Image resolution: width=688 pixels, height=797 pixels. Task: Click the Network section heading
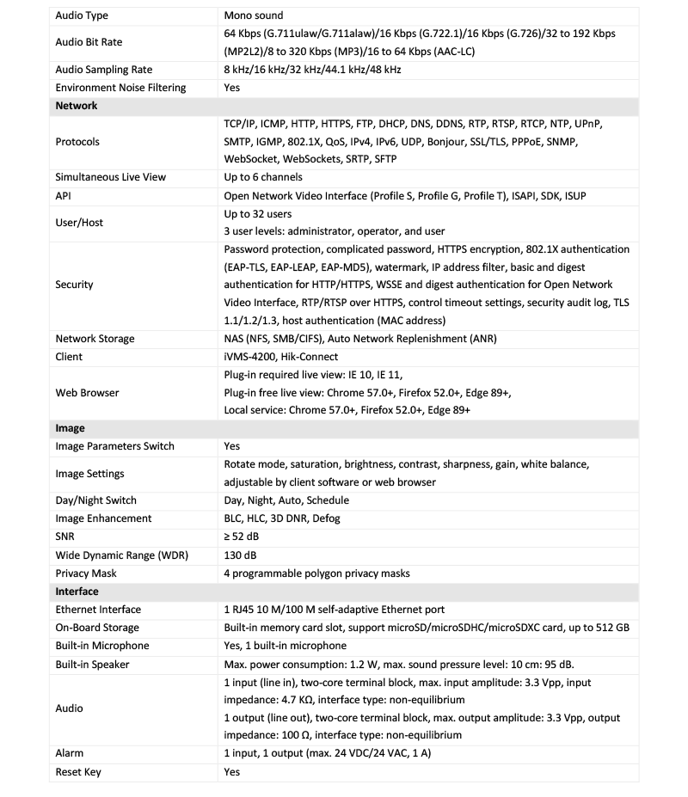pyautogui.click(x=77, y=106)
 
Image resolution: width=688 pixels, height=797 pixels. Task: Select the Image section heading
pyautogui.click(x=70, y=427)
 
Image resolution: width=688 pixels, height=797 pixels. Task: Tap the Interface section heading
pyautogui.click(x=77, y=592)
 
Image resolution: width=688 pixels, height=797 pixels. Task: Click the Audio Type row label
pyautogui.click(x=82, y=15)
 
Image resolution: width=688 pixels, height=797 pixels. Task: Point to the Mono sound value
pyautogui.click(x=253, y=15)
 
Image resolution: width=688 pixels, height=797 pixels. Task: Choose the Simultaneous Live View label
pyautogui.click(x=111, y=177)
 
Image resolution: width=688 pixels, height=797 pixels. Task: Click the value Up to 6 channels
pyautogui.click(x=263, y=177)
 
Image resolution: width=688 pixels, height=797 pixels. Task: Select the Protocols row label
pyautogui.click(x=77, y=142)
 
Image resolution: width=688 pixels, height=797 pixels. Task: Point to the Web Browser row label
pyautogui.click(x=87, y=392)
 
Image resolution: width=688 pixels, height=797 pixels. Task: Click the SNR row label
pyautogui.click(x=65, y=536)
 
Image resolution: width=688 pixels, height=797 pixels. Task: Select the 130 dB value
pyautogui.click(x=240, y=555)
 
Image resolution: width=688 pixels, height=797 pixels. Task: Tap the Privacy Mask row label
pyautogui.click(x=86, y=573)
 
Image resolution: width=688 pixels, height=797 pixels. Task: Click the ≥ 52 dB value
pyautogui.click(x=243, y=536)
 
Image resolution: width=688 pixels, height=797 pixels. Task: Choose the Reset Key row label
pyautogui.click(x=78, y=771)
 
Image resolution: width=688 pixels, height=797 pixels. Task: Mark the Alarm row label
pyautogui.click(x=70, y=753)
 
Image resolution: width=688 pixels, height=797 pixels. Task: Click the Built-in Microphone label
pyautogui.click(x=102, y=646)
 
